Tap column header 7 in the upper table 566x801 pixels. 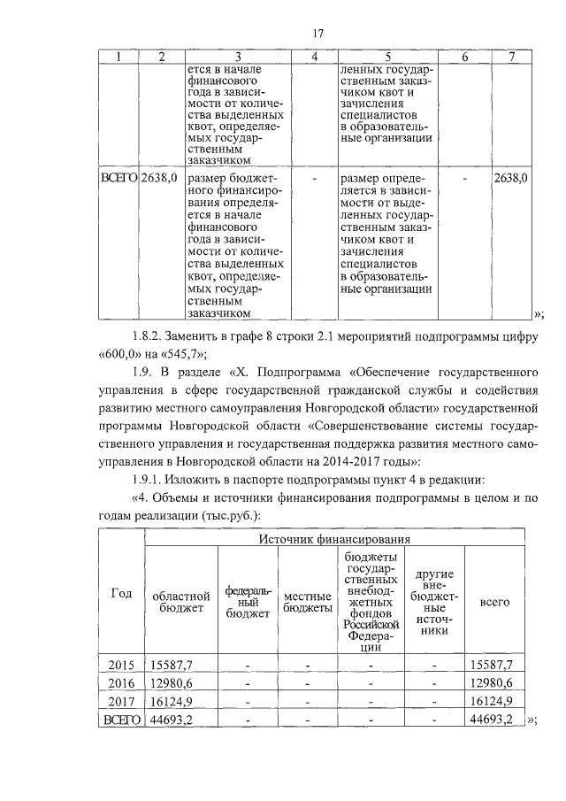click(511, 57)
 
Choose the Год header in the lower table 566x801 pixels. click(122, 594)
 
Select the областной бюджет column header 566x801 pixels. click(181, 602)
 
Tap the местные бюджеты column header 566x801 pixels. click(307, 602)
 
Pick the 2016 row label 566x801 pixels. click(120, 682)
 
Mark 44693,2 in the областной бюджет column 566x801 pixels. click(172, 720)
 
